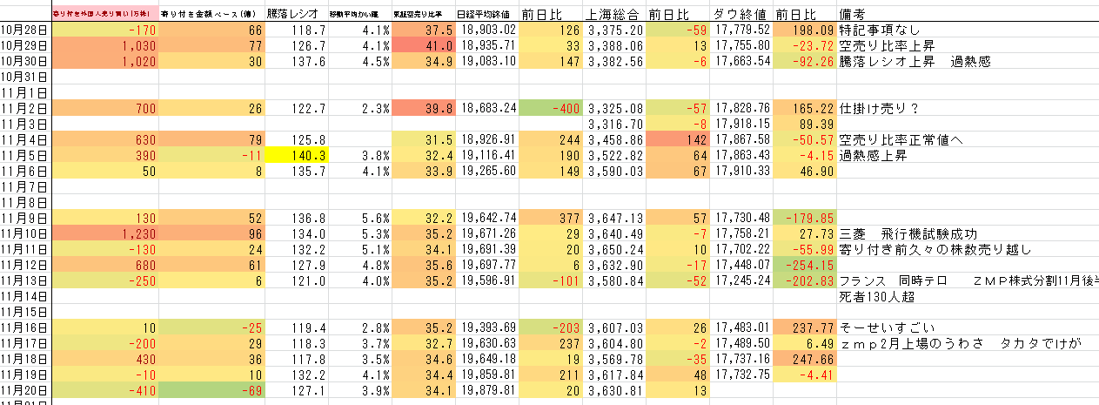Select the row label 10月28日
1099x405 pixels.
click(x=24, y=30)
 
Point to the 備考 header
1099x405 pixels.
click(x=853, y=14)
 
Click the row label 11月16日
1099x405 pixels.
click(x=24, y=328)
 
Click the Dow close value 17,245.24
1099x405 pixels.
click(x=741, y=281)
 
